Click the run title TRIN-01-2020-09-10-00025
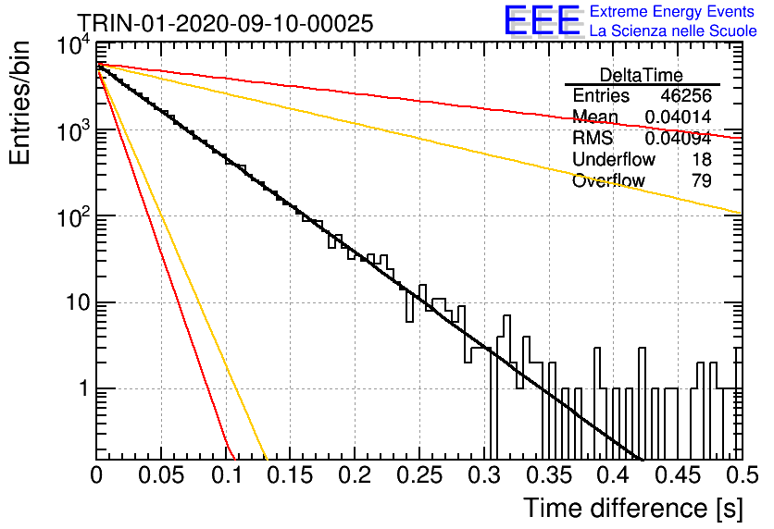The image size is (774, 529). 225,23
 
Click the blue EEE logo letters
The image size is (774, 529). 543,20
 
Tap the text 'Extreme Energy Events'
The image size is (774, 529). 672,11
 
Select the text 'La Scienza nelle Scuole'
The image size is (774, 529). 673,31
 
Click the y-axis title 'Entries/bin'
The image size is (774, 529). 19,103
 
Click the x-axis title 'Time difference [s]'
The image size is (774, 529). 633,508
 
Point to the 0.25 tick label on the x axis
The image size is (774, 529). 419,475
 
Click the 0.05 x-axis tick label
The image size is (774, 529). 161,475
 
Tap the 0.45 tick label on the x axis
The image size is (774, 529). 679,475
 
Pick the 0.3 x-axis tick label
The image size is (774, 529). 484,475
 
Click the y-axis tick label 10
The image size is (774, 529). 78,302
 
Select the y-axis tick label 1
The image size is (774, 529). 83,388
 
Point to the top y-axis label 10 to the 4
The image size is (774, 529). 74,46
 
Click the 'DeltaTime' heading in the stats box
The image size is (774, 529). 642,75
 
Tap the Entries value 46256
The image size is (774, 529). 686,95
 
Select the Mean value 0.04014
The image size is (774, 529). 679,117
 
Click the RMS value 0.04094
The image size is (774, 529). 679,138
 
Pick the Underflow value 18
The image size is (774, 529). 702,159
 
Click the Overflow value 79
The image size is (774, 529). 702,180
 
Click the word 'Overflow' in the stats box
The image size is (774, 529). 608,180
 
